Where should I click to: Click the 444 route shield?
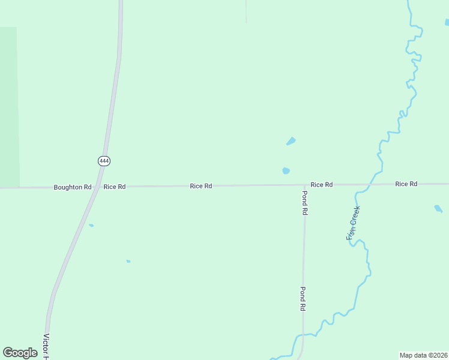point(104,161)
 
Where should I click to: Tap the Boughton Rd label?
point(72,187)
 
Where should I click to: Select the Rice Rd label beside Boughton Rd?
point(114,187)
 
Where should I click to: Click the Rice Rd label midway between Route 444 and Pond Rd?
point(200,186)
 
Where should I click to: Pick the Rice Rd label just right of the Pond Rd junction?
point(321,185)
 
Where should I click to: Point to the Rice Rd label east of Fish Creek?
point(406,184)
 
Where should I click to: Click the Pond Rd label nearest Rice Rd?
point(304,203)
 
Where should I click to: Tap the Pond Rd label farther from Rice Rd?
point(303,298)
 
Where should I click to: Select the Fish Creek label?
point(354,223)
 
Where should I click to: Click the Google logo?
point(20,353)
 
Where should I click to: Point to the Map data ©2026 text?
point(423,355)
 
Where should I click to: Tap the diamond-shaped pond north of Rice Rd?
point(291,142)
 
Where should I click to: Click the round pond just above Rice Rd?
point(286,171)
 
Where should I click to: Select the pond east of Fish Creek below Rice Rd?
point(438,209)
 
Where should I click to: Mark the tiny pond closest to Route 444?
point(91,226)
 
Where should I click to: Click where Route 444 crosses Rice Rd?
point(98,187)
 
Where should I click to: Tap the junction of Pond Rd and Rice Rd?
point(304,185)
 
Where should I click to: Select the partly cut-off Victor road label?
point(46,346)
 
